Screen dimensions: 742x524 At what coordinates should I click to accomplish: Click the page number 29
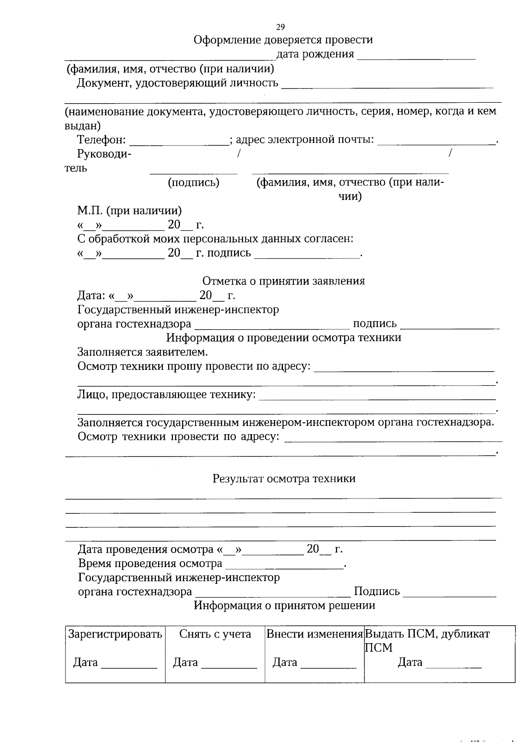(x=280, y=27)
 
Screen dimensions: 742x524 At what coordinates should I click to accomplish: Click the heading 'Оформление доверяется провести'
(x=283, y=40)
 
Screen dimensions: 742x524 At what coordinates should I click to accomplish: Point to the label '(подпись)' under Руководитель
(x=193, y=182)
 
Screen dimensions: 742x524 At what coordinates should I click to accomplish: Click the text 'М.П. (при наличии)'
(x=129, y=210)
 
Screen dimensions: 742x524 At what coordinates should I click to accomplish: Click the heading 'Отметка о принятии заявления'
(x=283, y=281)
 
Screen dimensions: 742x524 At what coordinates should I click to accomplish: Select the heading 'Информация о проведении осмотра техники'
(x=283, y=338)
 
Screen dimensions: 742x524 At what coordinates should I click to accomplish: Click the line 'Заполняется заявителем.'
(x=142, y=352)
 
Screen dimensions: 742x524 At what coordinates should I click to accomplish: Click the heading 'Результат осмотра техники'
(x=284, y=478)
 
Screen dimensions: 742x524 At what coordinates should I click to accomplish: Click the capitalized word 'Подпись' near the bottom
(x=376, y=592)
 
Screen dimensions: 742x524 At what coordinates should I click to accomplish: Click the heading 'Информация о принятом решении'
(x=284, y=606)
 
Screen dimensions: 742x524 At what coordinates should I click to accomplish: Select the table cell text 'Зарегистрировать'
(x=115, y=634)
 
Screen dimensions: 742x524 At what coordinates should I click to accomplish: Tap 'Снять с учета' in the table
(x=215, y=634)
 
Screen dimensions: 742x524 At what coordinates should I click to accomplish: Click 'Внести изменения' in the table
(x=314, y=634)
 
